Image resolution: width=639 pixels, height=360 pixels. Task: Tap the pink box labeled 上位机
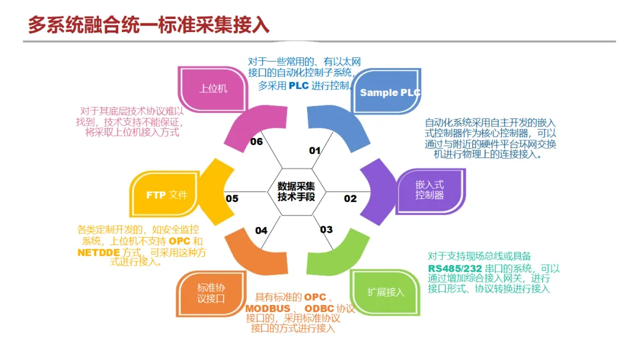point(213,89)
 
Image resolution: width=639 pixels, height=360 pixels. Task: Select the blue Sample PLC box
point(390,92)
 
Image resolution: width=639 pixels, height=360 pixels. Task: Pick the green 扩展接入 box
point(385,292)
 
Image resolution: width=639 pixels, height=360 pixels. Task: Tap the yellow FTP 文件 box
point(166,195)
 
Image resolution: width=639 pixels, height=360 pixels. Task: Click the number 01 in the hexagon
point(315,150)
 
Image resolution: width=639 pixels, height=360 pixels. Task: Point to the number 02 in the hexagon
point(350,198)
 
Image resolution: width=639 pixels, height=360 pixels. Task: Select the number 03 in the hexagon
point(327,230)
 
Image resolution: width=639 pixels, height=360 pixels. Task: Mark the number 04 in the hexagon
point(261,230)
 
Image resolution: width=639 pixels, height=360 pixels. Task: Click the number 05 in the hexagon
point(232,198)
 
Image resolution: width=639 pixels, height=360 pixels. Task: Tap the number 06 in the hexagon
point(256,142)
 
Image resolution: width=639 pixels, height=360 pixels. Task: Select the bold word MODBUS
point(268,308)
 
